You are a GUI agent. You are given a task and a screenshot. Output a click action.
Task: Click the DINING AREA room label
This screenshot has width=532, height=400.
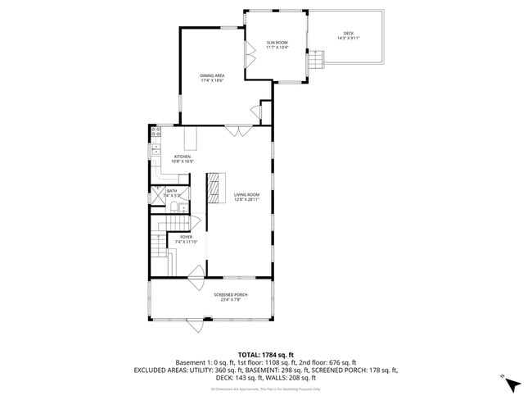pyautogui.click(x=212, y=75)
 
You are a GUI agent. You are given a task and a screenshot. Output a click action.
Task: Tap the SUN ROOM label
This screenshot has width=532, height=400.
pyautogui.click(x=277, y=43)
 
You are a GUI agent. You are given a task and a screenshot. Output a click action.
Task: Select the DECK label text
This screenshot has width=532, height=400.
pyautogui.click(x=349, y=34)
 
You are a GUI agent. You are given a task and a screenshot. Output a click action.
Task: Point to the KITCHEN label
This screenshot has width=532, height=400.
pyautogui.click(x=182, y=157)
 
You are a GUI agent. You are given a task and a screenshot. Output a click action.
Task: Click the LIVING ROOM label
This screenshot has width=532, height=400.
pyautogui.click(x=246, y=194)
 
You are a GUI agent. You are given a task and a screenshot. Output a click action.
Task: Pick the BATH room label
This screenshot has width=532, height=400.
pyautogui.click(x=171, y=191)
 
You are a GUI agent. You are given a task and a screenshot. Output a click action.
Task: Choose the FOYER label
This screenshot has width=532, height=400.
pyautogui.click(x=186, y=237)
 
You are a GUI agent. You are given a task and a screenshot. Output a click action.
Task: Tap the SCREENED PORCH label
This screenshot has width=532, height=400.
pyautogui.click(x=231, y=294)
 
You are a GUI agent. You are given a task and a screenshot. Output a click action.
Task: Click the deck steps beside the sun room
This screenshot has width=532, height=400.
pyautogui.click(x=316, y=60)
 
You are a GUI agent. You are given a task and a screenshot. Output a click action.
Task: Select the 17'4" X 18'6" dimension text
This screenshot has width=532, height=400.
pyautogui.click(x=212, y=80)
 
